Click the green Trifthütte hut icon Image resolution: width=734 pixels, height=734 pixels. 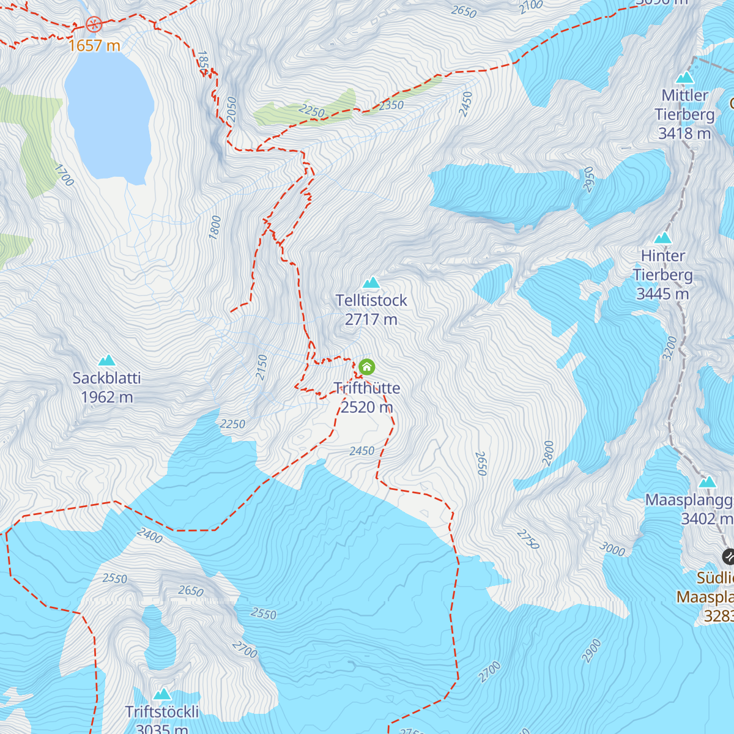click(x=366, y=367)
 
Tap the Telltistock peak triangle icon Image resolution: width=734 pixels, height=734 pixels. click(x=371, y=283)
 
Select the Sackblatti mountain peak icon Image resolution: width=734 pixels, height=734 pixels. click(x=107, y=360)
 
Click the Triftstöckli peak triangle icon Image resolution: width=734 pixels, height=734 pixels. click(x=162, y=694)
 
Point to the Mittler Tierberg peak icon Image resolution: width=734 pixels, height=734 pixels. click(x=684, y=78)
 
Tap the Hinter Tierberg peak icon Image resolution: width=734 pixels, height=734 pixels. click(x=662, y=238)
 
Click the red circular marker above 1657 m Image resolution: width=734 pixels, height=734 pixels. click(x=94, y=24)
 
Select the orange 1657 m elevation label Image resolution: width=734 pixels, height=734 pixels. click(x=94, y=45)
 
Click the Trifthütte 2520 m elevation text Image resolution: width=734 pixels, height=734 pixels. click(x=366, y=407)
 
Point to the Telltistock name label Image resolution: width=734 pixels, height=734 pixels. click(x=371, y=300)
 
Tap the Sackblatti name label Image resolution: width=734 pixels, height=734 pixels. click(x=107, y=378)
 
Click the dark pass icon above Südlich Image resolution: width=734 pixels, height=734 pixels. click(x=728, y=557)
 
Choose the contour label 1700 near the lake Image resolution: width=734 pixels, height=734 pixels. click(x=64, y=175)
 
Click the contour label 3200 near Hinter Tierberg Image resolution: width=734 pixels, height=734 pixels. click(x=670, y=348)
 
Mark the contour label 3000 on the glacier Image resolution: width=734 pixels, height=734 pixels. click(x=612, y=549)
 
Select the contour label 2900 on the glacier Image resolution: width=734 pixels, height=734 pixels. click(x=591, y=651)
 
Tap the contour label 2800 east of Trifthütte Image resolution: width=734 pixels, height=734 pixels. click(x=548, y=453)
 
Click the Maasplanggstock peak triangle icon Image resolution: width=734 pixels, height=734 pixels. click(x=707, y=482)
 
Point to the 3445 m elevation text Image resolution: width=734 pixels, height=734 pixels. click(x=662, y=294)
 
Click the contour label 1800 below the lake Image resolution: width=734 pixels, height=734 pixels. click(x=215, y=228)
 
